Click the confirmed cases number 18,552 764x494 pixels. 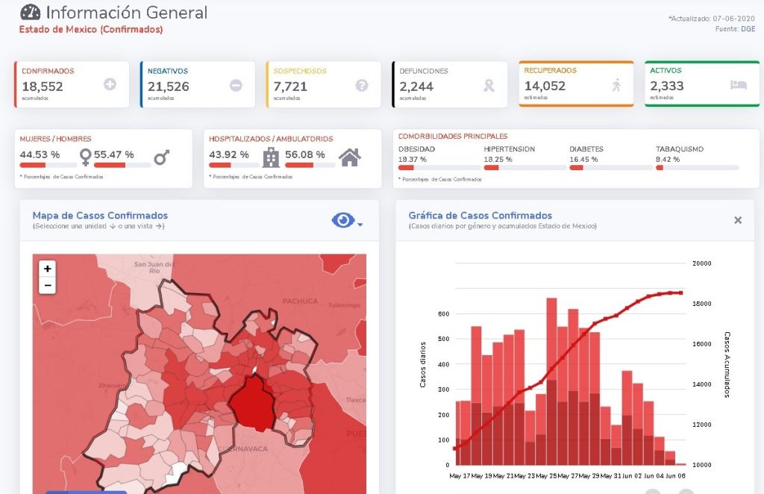(x=43, y=87)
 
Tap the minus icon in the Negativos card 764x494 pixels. (x=236, y=85)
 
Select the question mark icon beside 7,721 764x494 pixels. (x=362, y=85)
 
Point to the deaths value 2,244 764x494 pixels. (x=416, y=87)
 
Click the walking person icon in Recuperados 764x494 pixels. (x=616, y=85)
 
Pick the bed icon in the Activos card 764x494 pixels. (x=738, y=85)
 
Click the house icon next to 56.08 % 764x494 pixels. (x=349, y=157)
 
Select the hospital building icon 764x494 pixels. (x=271, y=157)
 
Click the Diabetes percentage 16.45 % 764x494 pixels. (x=583, y=159)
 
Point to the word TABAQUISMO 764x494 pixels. (x=679, y=148)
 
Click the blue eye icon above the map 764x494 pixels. (x=342, y=220)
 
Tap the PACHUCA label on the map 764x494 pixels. (x=300, y=301)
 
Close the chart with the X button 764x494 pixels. (x=738, y=220)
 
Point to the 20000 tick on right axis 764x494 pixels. (x=701, y=263)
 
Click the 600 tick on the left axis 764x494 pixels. (x=442, y=313)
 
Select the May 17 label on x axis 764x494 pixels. (x=460, y=475)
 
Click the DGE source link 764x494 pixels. (x=748, y=29)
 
